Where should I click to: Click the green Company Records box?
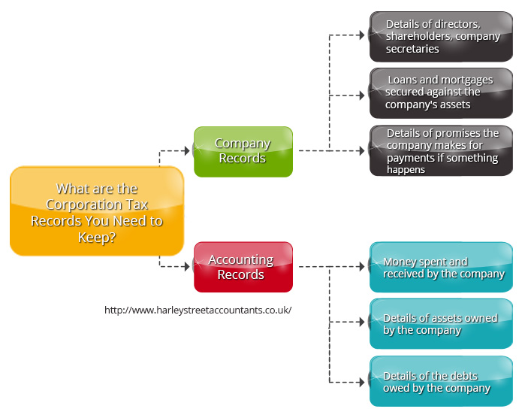(243, 151)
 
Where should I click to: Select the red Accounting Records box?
(243, 267)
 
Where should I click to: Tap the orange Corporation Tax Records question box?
(97, 211)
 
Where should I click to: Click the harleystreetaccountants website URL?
(198, 310)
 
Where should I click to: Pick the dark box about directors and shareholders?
(441, 36)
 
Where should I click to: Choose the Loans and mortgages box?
(441, 92)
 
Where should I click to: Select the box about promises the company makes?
(441, 150)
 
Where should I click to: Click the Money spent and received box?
(441, 267)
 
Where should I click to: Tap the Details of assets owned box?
(441, 324)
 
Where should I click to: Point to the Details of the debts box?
(441, 381)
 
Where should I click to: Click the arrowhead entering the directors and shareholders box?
(362, 35)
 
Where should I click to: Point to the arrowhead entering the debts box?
(362, 381)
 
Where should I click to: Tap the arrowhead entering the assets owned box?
(362, 323)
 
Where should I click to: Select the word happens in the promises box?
(406, 170)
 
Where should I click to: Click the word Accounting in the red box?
(240, 259)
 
